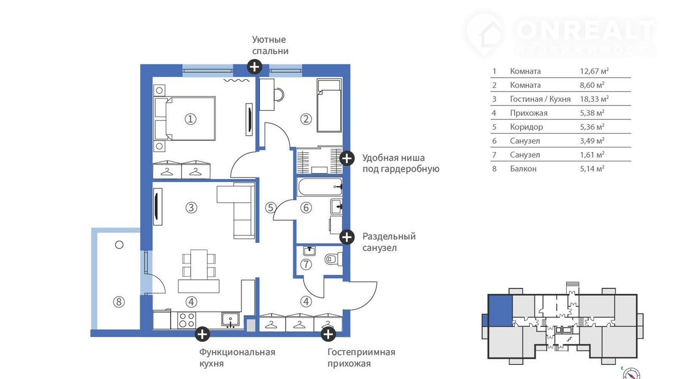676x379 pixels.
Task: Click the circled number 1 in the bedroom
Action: [191, 119]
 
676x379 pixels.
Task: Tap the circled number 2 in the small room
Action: [306, 119]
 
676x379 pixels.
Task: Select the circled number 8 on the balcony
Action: [119, 302]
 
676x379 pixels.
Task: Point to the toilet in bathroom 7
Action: [334, 259]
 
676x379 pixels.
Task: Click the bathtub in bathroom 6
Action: [320, 187]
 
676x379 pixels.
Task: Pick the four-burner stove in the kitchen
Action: [186, 320]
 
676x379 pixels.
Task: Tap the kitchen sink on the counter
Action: [231, 320]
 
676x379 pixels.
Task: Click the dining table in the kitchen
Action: [199, 264]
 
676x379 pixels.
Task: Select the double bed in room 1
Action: [185, 119]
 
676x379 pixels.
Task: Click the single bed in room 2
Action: [329, 106]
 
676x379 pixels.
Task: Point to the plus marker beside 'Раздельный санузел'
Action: [347, 237]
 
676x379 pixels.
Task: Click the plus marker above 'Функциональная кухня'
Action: [202, 334]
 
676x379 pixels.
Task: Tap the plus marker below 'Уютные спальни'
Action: [255, 67]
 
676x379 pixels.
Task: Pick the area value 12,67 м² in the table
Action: [594, 71]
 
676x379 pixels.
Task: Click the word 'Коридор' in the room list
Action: [527, 127]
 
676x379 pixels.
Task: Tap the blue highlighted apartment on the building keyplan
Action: [500, 311]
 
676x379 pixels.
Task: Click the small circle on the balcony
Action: [119, 245]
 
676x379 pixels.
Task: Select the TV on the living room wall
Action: [157, 207]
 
